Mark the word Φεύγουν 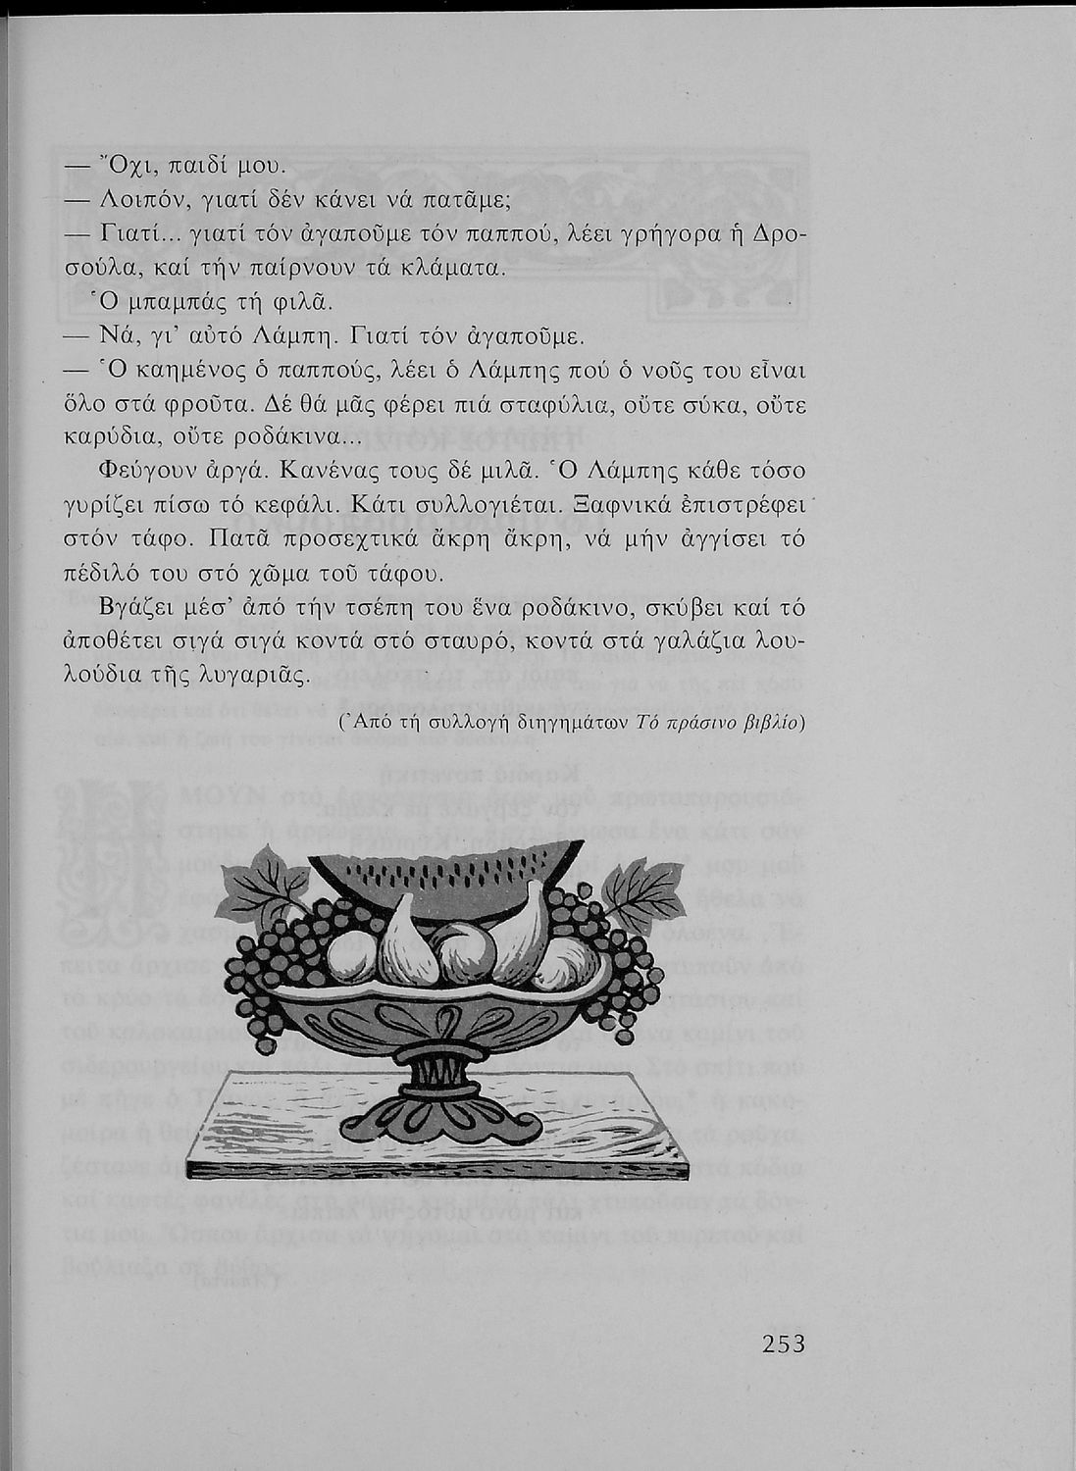tap(145, 472)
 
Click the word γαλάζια tap(709, 642)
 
